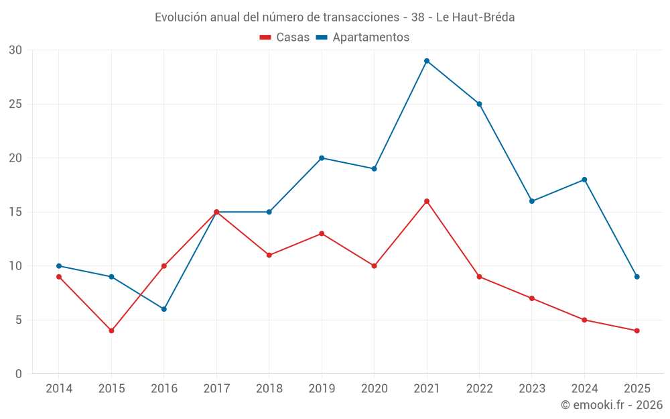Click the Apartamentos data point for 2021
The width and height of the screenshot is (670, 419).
(427, 61)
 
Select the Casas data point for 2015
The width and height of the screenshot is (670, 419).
(111, 331)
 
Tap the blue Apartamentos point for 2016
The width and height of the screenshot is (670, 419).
(164, 309)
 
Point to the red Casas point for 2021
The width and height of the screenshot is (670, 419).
(427, 201)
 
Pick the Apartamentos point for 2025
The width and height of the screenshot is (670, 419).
(637, 277)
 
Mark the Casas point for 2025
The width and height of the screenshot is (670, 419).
(637, 331)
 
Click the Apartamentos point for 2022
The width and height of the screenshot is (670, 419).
(479, 104)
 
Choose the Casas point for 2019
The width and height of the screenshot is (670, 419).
(322, 233)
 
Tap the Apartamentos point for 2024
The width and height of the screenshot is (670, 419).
(584, 180)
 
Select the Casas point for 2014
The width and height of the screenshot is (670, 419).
(59, 277)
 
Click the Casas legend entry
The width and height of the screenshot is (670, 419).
(285, 38)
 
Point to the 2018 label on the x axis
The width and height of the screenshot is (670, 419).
(269, 389)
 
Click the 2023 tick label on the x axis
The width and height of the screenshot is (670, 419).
(532, 389)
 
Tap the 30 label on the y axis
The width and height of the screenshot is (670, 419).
(15, 50)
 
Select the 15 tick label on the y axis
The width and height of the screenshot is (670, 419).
(15, 212)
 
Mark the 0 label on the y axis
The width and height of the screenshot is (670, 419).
(19, 374)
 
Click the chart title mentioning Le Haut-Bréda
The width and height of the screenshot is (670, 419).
(335, 17)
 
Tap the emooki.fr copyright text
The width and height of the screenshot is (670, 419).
(612, 405)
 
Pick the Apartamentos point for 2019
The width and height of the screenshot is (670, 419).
(322, 158)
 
